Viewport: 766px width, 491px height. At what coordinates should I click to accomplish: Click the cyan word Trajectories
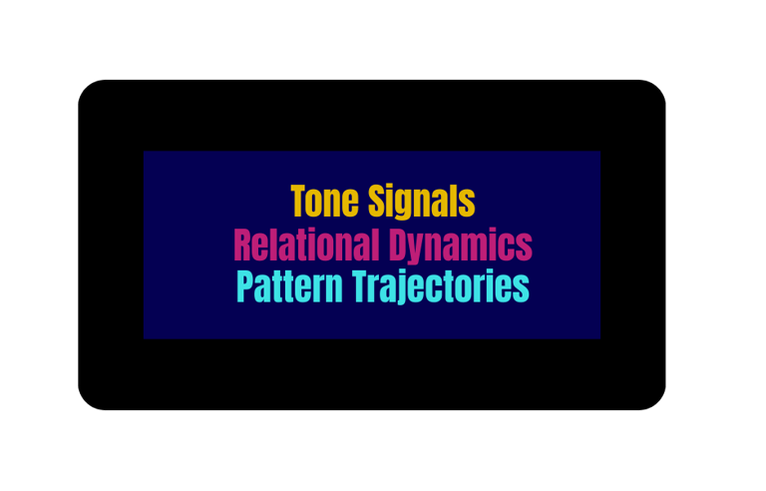(x=441, y=287)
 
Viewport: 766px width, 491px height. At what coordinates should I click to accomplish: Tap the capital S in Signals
(x=377, y=202)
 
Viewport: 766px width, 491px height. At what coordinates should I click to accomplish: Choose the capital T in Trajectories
(x=361, y=287)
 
